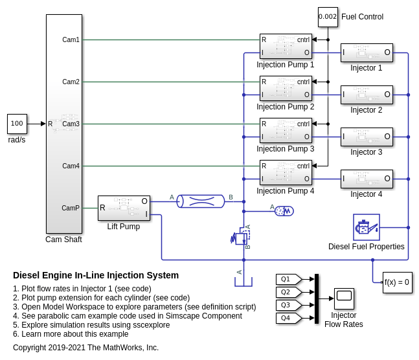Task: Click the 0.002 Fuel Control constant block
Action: click(x=328, y=17)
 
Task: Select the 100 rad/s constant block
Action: click(x=17, y=124)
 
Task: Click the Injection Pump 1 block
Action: click(x=286, y=46)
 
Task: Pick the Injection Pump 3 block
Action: click(x=286, y=130)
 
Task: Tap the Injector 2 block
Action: click(x=367, y=95)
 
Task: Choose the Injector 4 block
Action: click(x=367, y=179)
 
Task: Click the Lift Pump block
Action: click(x=124, y=208)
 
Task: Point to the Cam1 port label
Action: click(x=71, y=39)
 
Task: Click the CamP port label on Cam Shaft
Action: click(x=71, y=208)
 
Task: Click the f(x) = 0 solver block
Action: click(x=397, y=282)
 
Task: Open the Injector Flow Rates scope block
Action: click(x=344, y=298)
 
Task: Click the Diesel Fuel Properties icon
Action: click(x=367, y=227)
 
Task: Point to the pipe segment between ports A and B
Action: click(x=201, y=201)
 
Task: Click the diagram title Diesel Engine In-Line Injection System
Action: click(x=95, y=275)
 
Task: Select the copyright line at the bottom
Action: click(x=85, y=348)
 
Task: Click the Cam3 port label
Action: click(x=71, y=124)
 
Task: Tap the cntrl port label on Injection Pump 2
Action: click(x=303, y=82)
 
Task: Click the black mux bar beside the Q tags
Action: click(x=317, y=298)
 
